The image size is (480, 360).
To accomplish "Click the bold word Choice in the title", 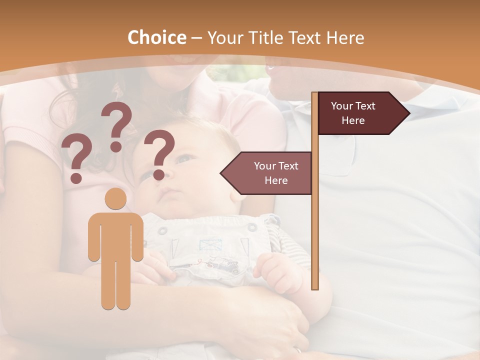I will coord(156,37).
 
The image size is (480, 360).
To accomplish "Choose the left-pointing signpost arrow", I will coord(267,173).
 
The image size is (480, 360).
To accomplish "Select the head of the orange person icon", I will coord(116,199).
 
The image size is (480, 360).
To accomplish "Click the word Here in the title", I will coord(345,37).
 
